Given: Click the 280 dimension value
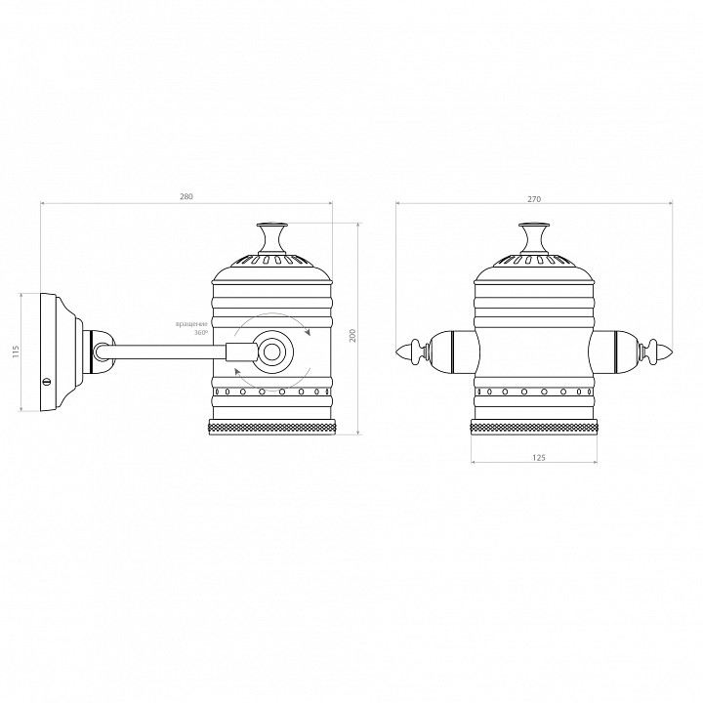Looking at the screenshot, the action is pos(186,196).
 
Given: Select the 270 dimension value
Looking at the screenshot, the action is pos(534,199).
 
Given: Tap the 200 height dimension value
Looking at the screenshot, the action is pos(352,335).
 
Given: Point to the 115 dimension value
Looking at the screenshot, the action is pos(17,351).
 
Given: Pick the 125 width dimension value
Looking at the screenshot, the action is pos(539,458).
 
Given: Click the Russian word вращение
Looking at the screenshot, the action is pos(192,324).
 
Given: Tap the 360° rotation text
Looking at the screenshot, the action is pos(201,333).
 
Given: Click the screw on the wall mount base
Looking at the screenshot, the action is pos(46,381).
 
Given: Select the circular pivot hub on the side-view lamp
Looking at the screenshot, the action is pos(271,352).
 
